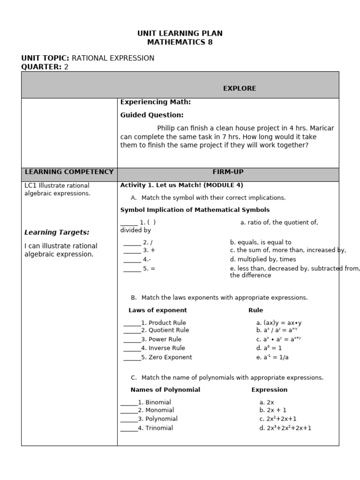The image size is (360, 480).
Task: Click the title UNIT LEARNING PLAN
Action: click(x=180, y=33)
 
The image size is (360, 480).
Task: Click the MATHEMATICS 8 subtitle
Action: click(x=180, y=42)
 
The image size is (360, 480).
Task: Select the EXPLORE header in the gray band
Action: click(x=239, y=88)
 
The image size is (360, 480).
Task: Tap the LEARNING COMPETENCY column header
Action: click(x=69, y=172)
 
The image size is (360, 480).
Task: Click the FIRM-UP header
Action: click(x=228, y=172)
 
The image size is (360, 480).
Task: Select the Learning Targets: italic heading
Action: click(x=57, y=232)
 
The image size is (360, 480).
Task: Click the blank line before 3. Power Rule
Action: click(x=132, y=339)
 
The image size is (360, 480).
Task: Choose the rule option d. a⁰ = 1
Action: click(x=269, y=348)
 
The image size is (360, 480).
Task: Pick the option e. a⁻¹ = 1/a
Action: click(x=272, y=357)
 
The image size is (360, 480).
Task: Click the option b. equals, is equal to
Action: click(x=261, y=242)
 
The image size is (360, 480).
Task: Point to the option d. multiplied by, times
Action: click(x=263, y=259)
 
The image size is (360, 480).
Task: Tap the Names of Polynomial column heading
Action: click(x=165, y=390)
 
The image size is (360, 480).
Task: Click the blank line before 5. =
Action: click(x=132, y=269)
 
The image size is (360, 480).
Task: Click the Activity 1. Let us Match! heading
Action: click(x=181, y=185)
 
